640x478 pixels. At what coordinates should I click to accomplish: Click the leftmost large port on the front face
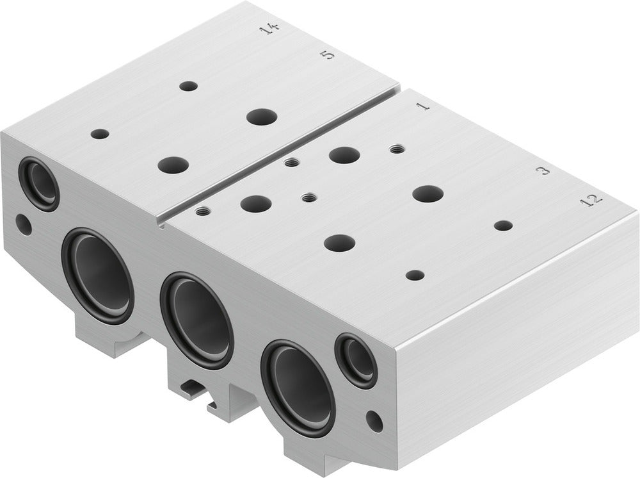pyautogui.click(x=98, y=276)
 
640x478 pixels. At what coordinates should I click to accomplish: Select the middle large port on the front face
pyautogui.click(x=196, y=320)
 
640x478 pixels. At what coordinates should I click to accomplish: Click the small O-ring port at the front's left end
pyautogui.click(x=39, y=183)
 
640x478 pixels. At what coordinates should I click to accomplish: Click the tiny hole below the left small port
pyautogui.click(x=23, y=225)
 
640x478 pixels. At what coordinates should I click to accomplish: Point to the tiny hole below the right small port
pyautogui.click(x=374, y=421)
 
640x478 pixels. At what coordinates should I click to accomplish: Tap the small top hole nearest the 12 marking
pyautogui.click(x=503, y=226)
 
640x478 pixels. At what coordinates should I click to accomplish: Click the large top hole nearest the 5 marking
pyautogui.click(x=261, y=117)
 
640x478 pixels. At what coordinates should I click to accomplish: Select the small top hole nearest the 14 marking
pyautogui.click(x=188, y=86)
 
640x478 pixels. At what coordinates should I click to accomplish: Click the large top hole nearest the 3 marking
pyautogui.click(x=428, y=194)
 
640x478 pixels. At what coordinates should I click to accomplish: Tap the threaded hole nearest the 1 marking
pyautogui.click(x=397, y=149)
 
